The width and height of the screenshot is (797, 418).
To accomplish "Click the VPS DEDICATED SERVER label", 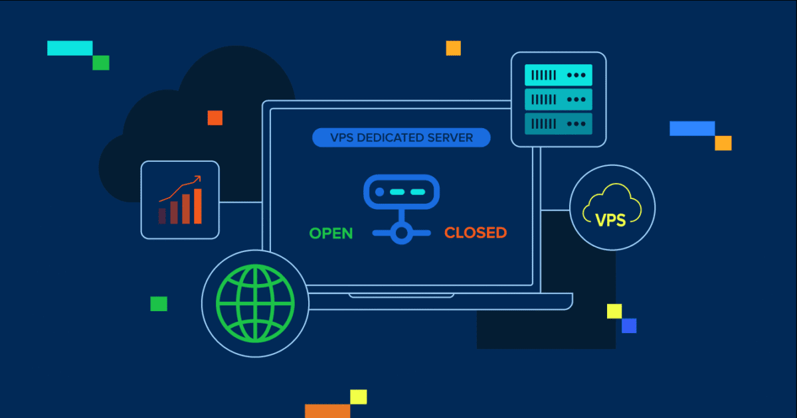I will (x=401, y=138).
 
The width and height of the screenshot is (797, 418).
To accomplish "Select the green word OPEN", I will (x=331, y=233).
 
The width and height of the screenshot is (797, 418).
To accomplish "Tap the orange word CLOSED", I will (x=476, y=233).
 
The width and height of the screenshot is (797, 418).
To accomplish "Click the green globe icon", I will (x=255, y=304).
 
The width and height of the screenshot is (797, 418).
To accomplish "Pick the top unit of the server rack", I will (x=558, y=75).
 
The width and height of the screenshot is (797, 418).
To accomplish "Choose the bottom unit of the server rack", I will (x=558, y=123).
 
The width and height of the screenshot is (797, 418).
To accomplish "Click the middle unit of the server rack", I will (x=558, y=100).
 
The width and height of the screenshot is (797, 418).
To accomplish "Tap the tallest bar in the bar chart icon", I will (x=197, y=206).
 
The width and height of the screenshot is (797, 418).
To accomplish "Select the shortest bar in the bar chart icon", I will (x=162, y=216).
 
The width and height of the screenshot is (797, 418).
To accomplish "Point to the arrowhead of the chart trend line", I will (x=197, y=178).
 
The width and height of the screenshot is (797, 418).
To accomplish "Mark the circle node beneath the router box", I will (x=400, y=233).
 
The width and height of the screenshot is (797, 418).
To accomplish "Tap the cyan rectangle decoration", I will (x=70, y=48).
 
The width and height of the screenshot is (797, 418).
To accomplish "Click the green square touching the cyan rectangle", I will (x=101, y=62).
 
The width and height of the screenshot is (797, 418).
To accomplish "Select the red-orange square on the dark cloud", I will (x=215, y=117).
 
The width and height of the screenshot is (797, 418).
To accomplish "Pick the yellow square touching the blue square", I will (x=614, y=311).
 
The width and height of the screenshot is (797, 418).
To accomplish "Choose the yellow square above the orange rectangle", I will (x=359, y=397).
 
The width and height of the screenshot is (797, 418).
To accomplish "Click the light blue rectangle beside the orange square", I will (x=692, y=128).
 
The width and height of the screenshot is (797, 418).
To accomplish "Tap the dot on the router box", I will (x=379, y=192).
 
